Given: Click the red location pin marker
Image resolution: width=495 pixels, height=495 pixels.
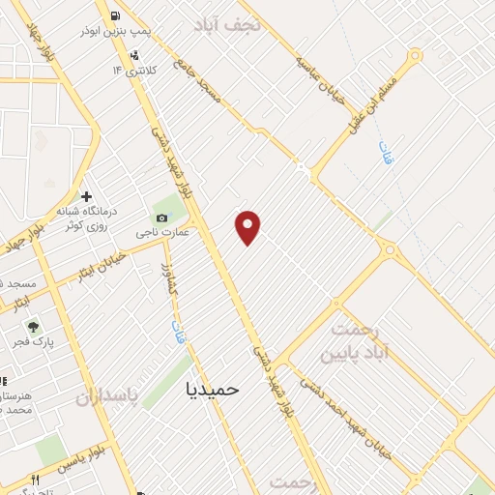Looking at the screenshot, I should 248,225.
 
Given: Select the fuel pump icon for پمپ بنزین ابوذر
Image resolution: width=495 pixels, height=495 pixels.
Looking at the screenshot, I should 117,15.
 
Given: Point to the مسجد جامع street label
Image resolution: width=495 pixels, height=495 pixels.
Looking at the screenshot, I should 197,81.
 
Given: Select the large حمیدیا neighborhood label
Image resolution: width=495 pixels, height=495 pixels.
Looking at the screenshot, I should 211,388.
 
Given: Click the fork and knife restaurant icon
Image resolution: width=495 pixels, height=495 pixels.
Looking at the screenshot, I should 36,480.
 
